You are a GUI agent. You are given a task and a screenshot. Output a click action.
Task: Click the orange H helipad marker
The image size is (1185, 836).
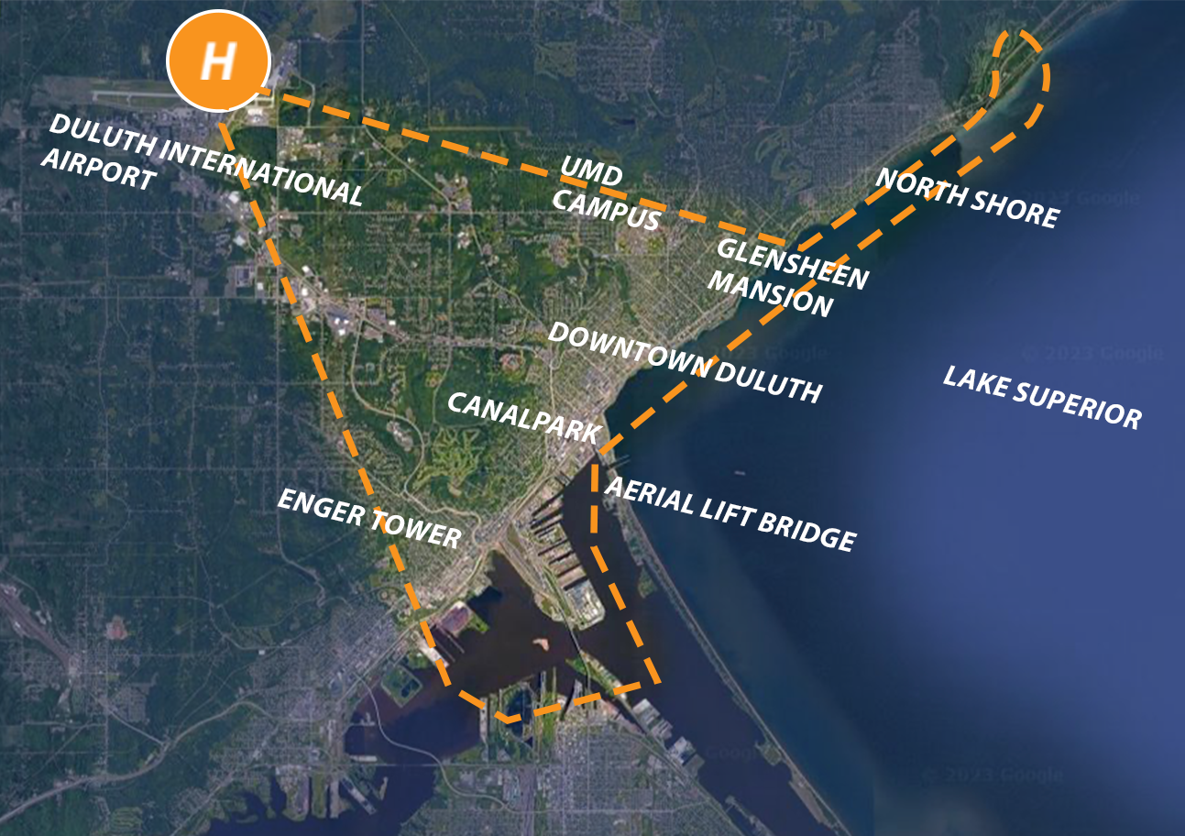click(218, 62)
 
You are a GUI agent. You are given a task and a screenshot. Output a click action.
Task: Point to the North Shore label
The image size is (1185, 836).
click(967, 198)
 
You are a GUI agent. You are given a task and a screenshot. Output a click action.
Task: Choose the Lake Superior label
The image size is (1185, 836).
click(1042, 397)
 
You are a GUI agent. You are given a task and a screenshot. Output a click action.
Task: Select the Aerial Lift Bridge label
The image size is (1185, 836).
click(730, 514)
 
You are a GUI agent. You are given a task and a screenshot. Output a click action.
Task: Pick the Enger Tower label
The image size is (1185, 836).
click(368, 518)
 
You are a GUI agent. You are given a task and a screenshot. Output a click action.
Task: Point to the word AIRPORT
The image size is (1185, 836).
click(100, 170)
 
